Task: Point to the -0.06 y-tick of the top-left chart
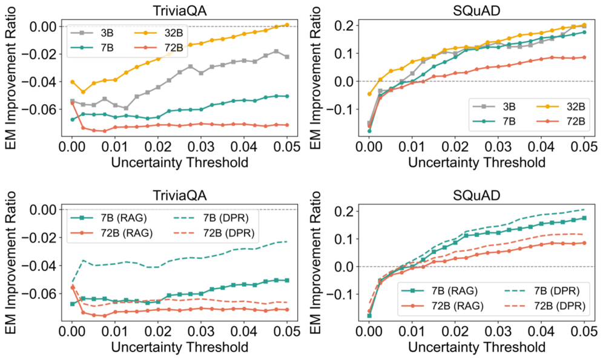tap(43, 109)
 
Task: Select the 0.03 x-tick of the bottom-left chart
tap(200, 333)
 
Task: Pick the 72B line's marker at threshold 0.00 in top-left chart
tap(73, 103)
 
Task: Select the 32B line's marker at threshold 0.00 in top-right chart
tap(369, 94)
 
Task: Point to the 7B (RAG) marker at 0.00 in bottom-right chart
tap(369, 315)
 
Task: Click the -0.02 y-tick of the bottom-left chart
tap(43, 237)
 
